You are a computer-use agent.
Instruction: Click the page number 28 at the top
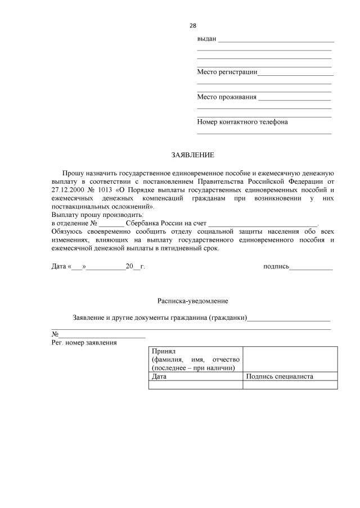(193, 25)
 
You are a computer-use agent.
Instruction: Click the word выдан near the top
(206, 39)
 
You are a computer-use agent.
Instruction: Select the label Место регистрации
(227, 72)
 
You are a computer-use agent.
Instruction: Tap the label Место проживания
(226, 97)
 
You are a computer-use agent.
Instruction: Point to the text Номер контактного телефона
(242, 121)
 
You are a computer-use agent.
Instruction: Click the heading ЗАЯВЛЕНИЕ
(192, 155)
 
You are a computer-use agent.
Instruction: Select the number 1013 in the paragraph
(105, 190)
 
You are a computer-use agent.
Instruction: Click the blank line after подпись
(311, 267)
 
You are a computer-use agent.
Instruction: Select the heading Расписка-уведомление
(192, 301)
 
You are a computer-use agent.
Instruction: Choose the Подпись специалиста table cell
(280, 377)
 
